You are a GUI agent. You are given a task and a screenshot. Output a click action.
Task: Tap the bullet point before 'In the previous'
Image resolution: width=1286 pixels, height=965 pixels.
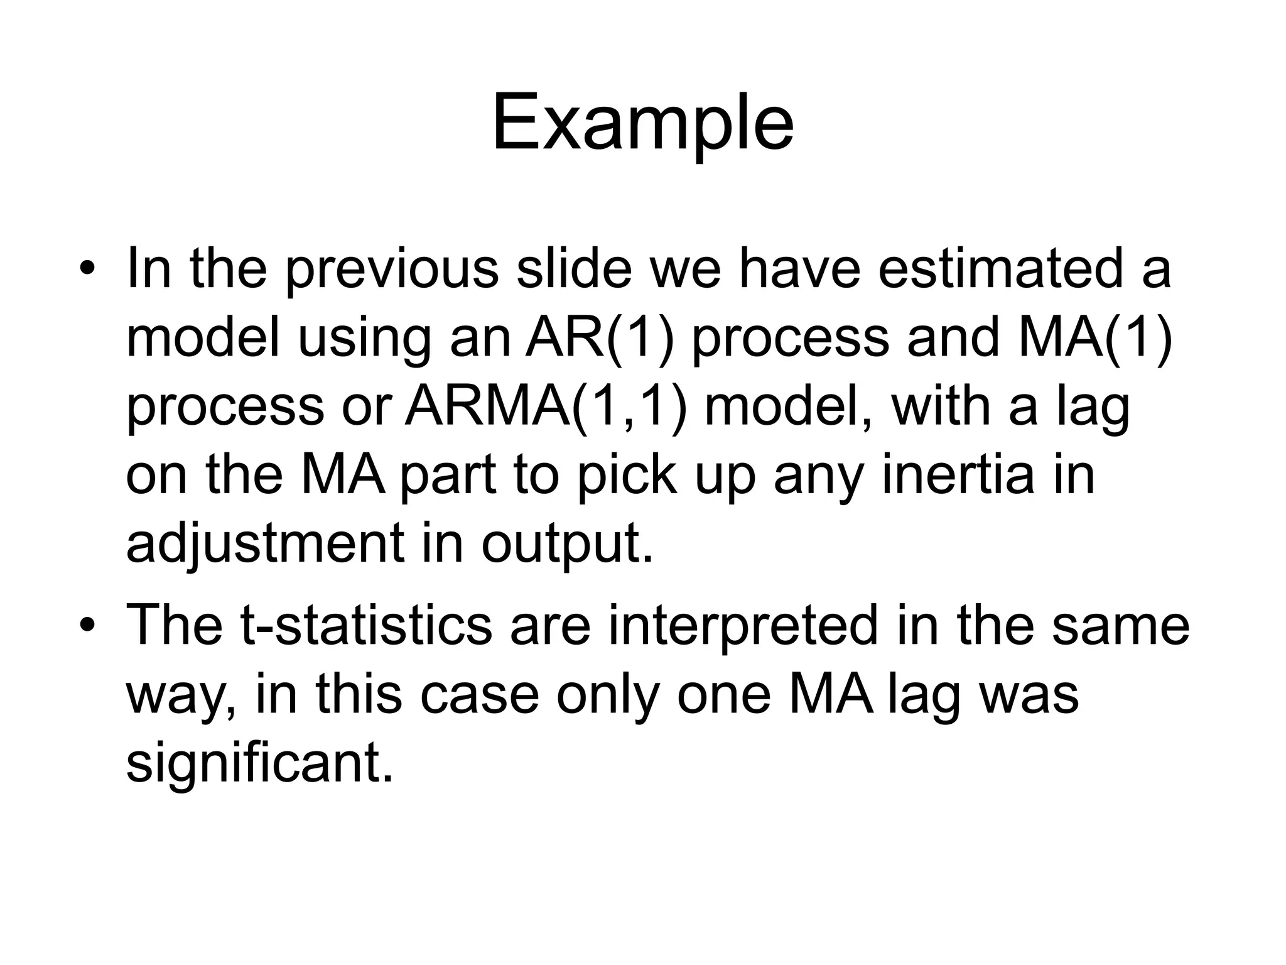(x=87, y=271)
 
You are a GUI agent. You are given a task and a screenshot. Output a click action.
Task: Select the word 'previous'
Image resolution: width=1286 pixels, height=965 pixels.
(x=392, y=270)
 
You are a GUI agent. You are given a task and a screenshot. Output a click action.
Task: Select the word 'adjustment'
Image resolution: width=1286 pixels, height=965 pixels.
(x=264, y=543)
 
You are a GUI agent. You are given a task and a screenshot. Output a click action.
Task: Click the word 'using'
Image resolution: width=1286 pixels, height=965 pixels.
(x=364, y=339)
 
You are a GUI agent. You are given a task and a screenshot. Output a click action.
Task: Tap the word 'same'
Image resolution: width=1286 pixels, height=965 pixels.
(x=1120, y=626)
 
